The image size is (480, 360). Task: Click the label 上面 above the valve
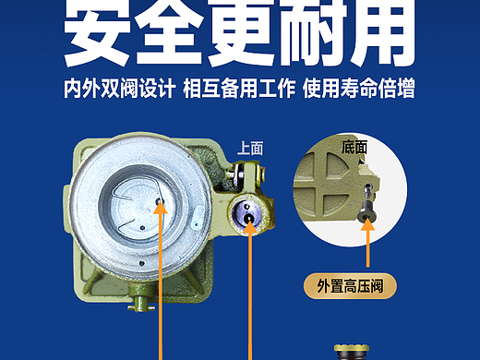click(x=250, y=149)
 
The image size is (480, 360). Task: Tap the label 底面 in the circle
click(x=354, y=147)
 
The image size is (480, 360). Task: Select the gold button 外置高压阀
click(x=350, y=286)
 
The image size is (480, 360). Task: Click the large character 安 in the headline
click(x=98, y=32)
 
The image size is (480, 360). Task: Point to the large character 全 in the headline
click(x=169, y=32)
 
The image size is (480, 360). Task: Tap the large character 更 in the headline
click(x=242, y=32)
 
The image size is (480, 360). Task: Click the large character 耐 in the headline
click(x=313, y=32)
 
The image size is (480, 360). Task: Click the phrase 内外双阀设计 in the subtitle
click(x=120, y=89)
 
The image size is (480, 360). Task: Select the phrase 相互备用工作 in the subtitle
click(x=239, y=89)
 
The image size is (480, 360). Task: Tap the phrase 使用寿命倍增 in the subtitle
click(x=359, y=89)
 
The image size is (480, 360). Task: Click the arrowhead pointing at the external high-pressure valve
click(x=367, y=223)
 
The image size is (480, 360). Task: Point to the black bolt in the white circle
click(x=367, y=203)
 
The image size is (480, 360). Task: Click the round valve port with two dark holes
click(x=247, y=213)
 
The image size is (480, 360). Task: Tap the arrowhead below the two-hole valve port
click(x=250, y=227)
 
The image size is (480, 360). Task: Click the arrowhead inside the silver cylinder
click(x=161, y=208)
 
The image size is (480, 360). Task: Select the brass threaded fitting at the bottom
click(x=352, y=353)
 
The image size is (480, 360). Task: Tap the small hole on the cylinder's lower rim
click(x=141, y=263)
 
